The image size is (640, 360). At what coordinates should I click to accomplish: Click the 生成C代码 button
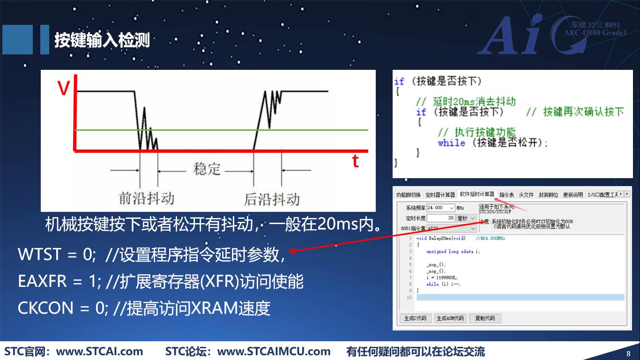(415, 318)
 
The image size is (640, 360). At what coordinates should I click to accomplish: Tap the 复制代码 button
(485, 318)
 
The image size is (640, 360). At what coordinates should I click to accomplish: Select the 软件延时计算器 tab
(476, 195)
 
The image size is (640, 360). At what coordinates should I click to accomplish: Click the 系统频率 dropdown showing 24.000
(440, 208)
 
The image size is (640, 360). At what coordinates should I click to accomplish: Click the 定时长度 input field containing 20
(441, 218)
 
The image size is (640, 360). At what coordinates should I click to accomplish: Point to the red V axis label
(63, 89)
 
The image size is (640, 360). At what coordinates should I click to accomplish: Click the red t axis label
(356, 161)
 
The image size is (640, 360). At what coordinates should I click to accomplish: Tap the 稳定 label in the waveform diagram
(207, 169)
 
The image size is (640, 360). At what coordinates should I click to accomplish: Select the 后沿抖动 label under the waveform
(272, 199)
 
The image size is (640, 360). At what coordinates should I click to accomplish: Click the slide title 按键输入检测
(102, 40)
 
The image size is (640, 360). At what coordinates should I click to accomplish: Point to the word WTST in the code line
(39, 255)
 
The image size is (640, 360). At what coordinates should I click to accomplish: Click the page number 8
(628, 353)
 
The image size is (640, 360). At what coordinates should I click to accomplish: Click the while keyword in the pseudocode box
(451, 143)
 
